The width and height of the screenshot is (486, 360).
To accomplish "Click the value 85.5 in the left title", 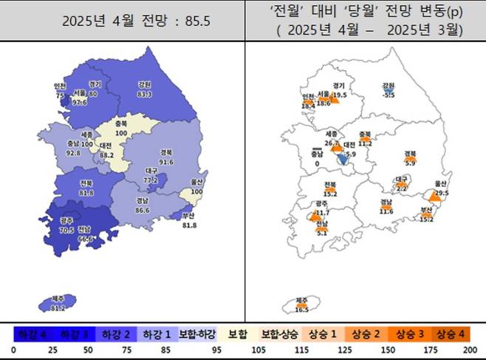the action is tap(196, 21).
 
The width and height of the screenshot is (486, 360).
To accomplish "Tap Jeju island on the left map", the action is tap(59, 302).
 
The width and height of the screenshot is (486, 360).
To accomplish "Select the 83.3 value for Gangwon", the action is tap(145, 94).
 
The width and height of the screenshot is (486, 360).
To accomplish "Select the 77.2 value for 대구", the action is tap(151, 180).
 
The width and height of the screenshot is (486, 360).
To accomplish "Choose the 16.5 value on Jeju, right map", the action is tap(301, 310).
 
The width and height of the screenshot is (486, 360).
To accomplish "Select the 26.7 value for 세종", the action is tap(331, 143).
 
